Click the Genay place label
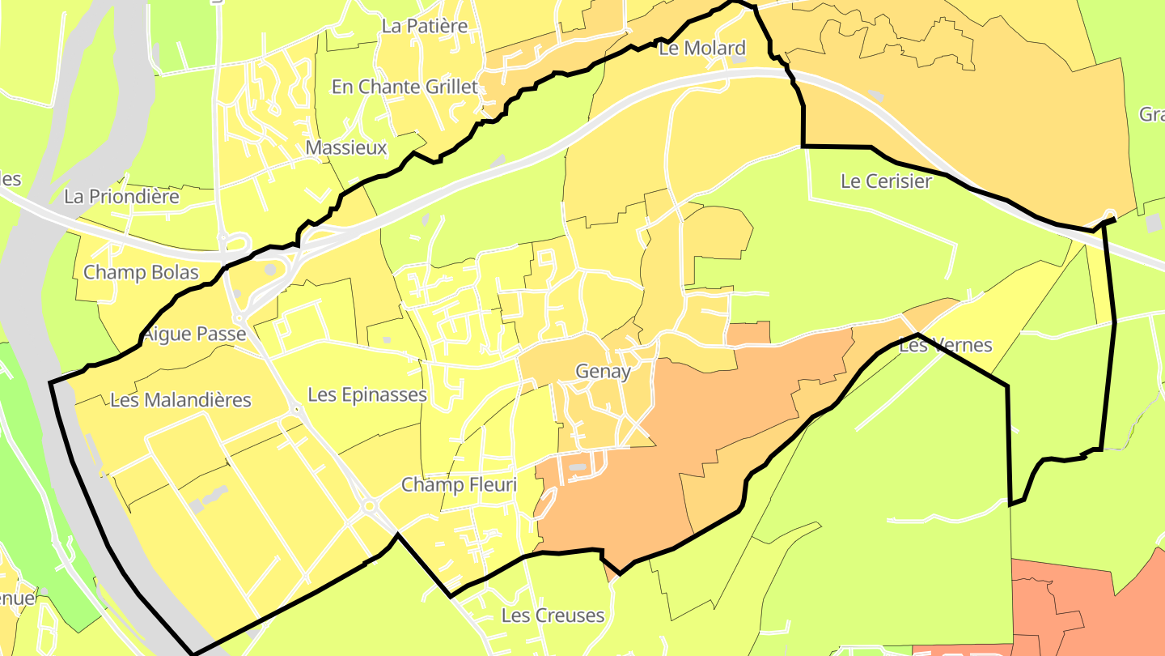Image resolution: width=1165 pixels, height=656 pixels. coord(602,372)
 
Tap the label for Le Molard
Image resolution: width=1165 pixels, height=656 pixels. coord(701,49)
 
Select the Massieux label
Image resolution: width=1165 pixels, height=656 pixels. coord(346,148)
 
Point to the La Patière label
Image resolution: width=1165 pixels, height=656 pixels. coord(425,26)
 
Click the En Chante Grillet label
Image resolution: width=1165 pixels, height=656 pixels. coord(405,87)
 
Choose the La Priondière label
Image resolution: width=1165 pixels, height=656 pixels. coord(121,196)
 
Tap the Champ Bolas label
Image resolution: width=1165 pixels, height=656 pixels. coord(141,272)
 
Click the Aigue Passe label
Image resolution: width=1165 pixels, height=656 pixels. coord(194,334)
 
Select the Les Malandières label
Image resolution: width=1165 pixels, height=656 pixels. coord(180,400)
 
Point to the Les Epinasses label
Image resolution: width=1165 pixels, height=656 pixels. coord(367,394)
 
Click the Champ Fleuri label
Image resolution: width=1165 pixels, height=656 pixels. coord(459,485)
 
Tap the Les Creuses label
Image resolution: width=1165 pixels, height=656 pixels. coord(553,616)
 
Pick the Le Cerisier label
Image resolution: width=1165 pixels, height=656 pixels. coord(886,181)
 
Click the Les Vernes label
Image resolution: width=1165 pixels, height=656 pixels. coord(945,346)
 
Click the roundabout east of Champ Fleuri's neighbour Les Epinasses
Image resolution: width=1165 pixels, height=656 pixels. coord(371,507)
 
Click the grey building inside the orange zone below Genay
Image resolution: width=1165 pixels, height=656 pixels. coord(577,468)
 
